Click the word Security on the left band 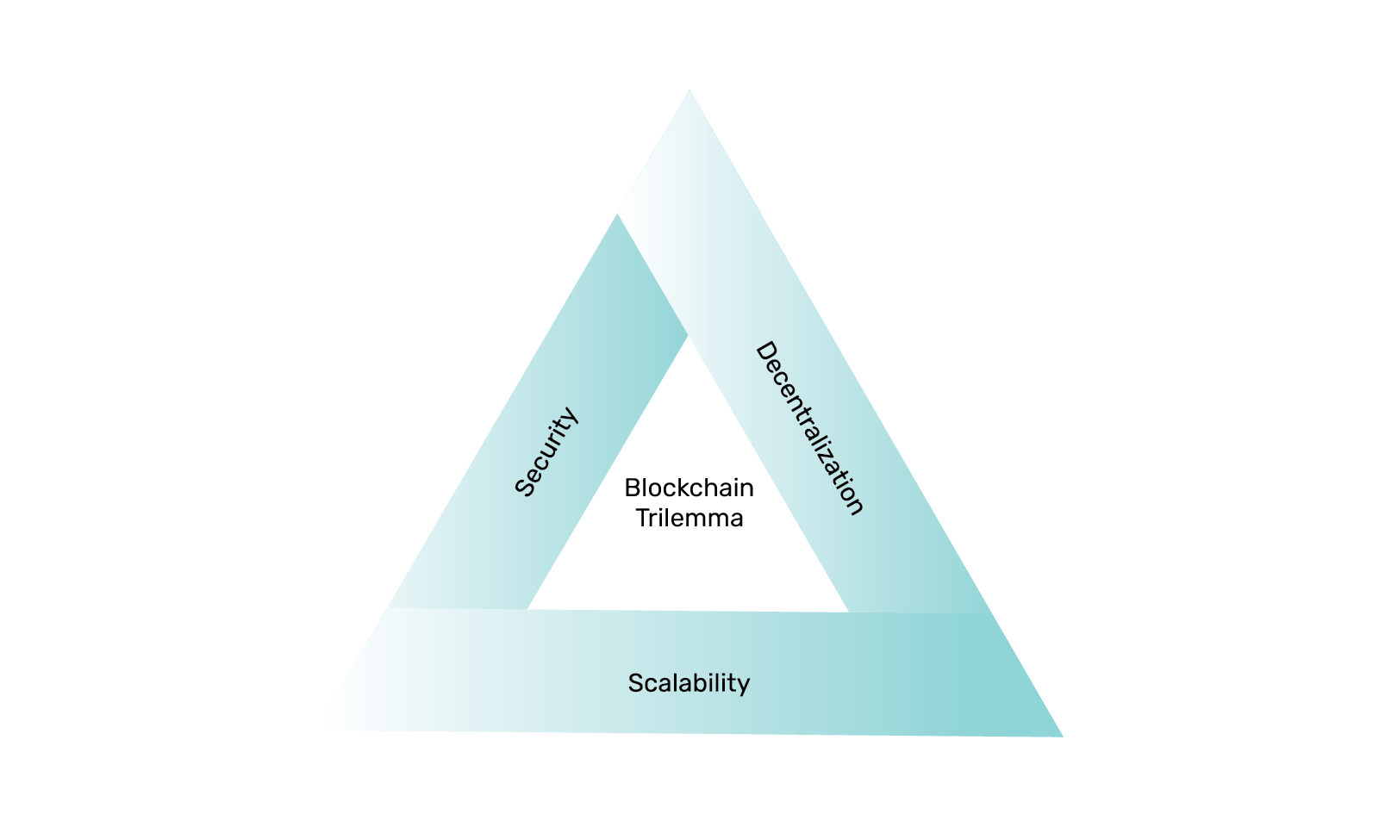click(546, 451)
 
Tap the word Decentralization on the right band click(810, 428)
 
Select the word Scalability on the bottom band click(689, 684)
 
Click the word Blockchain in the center click(689, 488)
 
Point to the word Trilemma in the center click(689, 518)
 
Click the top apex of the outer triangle click(689, 90)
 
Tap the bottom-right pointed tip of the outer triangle click(1063, 737)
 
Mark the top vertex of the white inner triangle click(689, 336)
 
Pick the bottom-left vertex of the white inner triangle click(527, 609)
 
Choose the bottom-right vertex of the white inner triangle click(848, 612)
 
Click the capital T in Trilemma click(643, 518)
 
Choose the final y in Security click(571, 415)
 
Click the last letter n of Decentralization click(857, 506)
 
